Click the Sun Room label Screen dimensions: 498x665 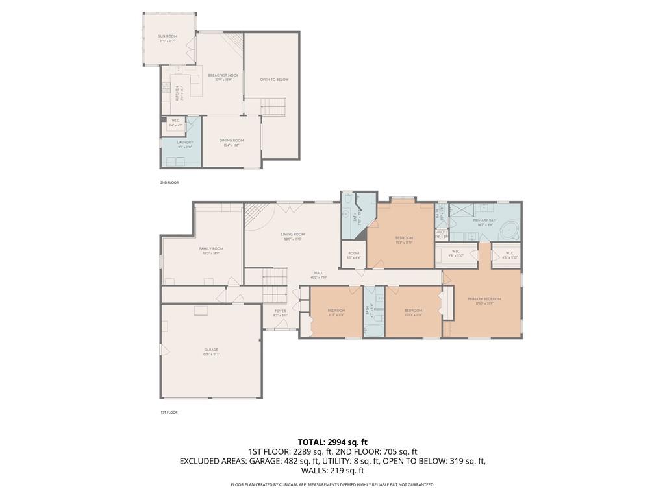(168, 38)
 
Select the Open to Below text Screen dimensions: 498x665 (274, 80)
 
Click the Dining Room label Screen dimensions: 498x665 (231, 142)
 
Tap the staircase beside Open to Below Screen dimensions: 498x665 (273, 106)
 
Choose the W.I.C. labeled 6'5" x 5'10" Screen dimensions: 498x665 (510, 254)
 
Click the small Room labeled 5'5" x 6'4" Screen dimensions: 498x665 (354, 255)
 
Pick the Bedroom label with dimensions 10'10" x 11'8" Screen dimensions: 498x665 (413, 313)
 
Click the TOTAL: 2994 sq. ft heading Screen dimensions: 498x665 (332, 442)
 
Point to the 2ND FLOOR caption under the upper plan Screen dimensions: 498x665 (169, 182)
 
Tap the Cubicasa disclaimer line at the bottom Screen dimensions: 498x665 (332, 484)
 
